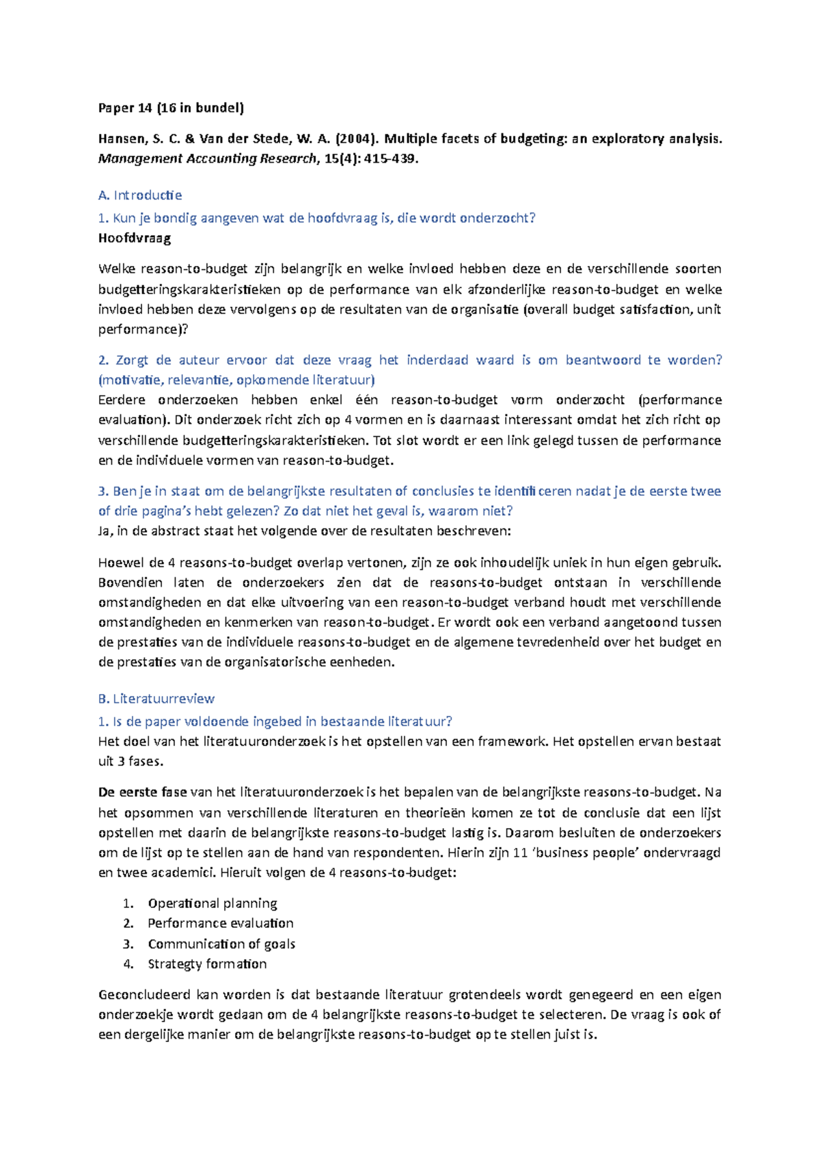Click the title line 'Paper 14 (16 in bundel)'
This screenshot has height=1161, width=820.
point(171,107)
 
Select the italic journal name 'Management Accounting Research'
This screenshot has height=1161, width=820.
point(207,159)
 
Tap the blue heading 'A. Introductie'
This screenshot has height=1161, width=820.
point(139,195)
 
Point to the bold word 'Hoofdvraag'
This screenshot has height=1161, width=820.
point(135,238)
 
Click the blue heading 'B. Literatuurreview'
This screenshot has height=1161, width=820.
point(156,698)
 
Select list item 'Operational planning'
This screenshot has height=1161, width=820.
point(213,903)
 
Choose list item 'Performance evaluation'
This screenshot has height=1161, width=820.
point(221,923)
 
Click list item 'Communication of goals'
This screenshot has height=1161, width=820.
point(221,944)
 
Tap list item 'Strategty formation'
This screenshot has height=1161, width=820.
point(207,963)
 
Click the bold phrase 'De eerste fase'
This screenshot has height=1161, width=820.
point(142,792)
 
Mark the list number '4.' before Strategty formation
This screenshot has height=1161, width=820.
point(128,963)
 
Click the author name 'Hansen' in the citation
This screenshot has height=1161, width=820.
point(121,139)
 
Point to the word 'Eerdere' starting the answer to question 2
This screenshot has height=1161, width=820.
point(120,399)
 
